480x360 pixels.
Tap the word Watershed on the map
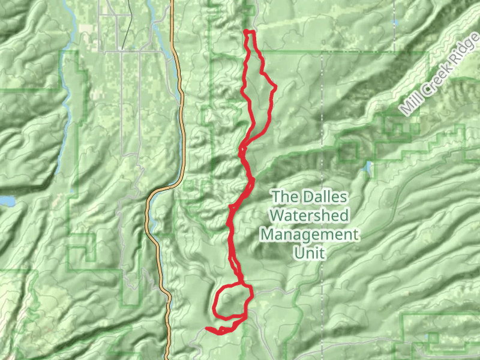click(x=309, y=215)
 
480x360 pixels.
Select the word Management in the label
click(x=309, y=234)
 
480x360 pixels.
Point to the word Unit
click(x=309, y=253)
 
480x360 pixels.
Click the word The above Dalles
click(x=285, y=196)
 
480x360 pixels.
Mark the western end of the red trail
click(x=207, y=328)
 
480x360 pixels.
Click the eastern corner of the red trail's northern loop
click(x=275, y=88)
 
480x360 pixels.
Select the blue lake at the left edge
click(x=5, y=200)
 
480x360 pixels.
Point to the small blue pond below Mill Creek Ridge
click(x=368, y=166)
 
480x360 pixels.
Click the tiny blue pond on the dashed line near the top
click(x=396, y=23)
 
